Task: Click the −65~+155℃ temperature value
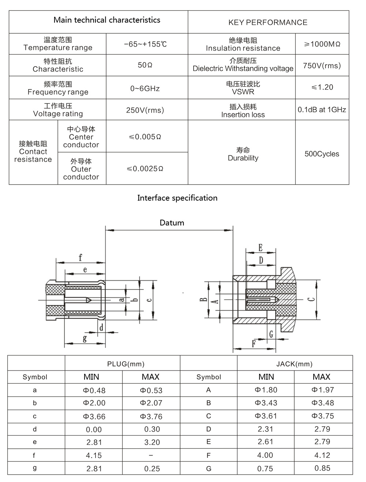pos(145,44)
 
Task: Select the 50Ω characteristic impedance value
pos(145,65)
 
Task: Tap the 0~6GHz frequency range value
pos(145,88)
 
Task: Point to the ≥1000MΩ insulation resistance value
pos(322,44)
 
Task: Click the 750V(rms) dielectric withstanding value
pos(322,66)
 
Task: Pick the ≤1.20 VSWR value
pos(322,87)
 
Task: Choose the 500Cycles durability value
pos(322,154)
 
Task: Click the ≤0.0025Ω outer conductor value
pos(145,168)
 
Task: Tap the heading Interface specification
pos(177,198)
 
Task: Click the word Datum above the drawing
pos(172,223)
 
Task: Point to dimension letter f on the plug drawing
pos(80,258)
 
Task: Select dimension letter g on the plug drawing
pos(85,338)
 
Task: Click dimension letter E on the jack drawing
pos(260,247)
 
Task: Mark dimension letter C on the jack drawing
pos(311,299)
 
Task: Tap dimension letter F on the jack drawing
pos(254,344)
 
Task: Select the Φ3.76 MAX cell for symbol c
pos(151,417)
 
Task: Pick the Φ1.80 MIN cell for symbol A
pos(266,390)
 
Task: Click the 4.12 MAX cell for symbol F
pos(322,455)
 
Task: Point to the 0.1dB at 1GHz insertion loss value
pos(322,110)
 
